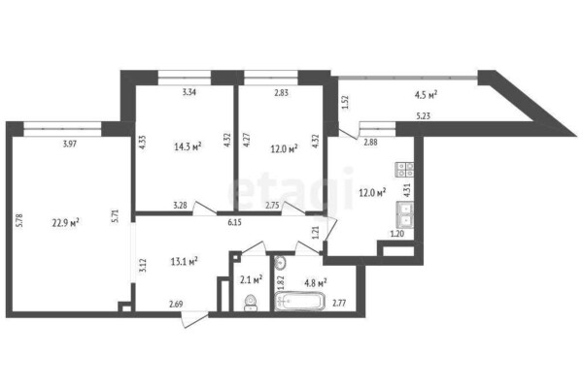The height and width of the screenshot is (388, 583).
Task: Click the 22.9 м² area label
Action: click(x=65, y=223)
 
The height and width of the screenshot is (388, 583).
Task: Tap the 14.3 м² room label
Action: click(x=188, y=146)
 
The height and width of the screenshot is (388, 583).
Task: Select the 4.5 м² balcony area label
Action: click(x=426, y=95)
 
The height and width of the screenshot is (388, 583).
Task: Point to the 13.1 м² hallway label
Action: click(x=184, y=261)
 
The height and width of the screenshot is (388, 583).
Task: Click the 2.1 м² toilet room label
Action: click(x=252, y=279)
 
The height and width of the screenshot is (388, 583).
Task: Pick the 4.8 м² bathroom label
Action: click(x=316, y=283)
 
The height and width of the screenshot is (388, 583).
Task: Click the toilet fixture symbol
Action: click(x=251, y=303)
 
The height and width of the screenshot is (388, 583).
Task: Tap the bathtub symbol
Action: click(x=299, y=301)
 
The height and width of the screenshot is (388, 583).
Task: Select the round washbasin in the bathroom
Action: click(x=280, y=263)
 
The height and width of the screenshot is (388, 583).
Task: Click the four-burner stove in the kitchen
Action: click(x=404, y=170)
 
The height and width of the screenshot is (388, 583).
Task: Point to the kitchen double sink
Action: click(x=405, y=214)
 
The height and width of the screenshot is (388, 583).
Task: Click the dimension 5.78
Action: click(x=20, y=219)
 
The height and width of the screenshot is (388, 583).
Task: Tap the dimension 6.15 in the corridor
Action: click(x=234, y=223)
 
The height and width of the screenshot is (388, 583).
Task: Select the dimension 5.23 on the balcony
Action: click(x=423, y=115)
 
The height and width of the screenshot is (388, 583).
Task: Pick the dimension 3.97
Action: click(x=70, y=144)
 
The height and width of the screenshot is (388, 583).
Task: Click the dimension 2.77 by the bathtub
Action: click(x=339, y=304)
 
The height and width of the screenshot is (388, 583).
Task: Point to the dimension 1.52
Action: click(x=345, y=103)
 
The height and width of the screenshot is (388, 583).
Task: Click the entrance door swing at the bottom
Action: click(x=194, y=319)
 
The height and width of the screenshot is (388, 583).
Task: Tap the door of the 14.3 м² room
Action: click(x=205, y=209)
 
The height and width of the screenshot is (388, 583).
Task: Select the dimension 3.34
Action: click(x=189, y=92)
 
